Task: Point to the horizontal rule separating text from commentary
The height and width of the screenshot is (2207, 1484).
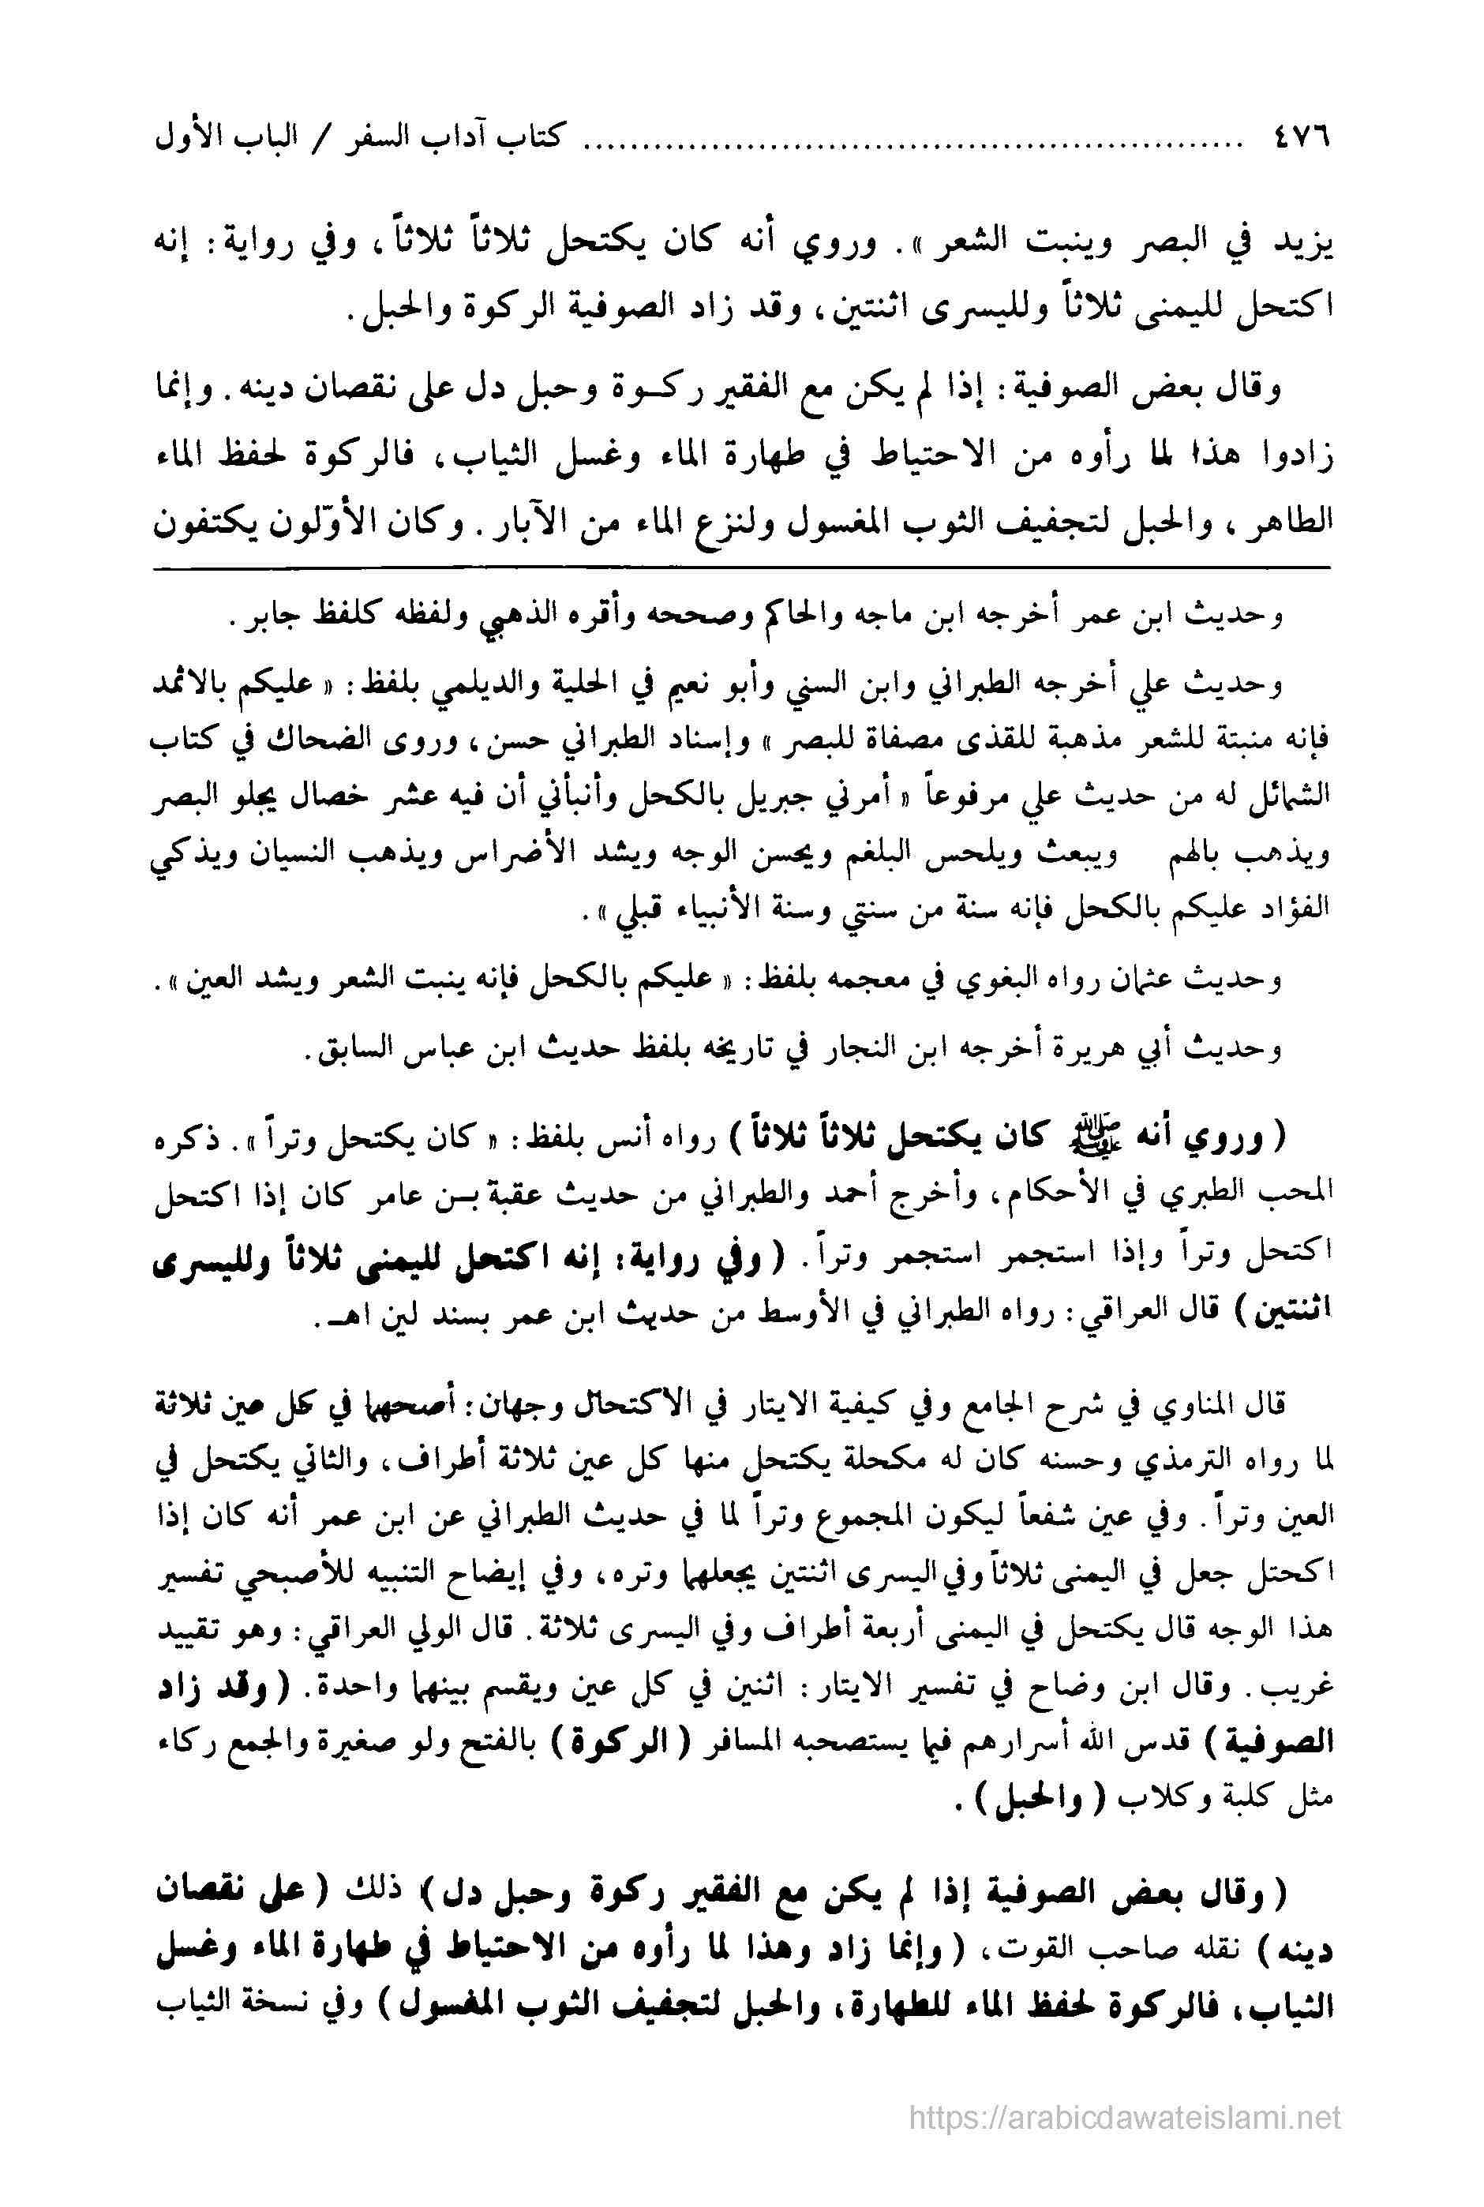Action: pyautogui.click(x=741, y=568)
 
